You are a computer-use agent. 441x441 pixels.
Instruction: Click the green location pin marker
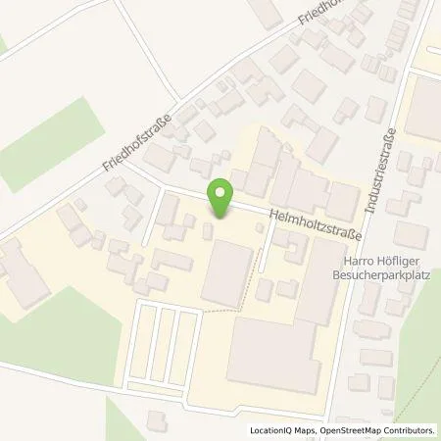pyautogui.click(x=222, y=198)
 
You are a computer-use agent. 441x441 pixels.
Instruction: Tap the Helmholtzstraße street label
pyautogui.click(x=311, y=222)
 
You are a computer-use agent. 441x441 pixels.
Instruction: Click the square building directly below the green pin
pyautogui.click(x=226, y=273)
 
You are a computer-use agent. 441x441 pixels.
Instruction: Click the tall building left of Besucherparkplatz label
pyautogui.click(x=316, y=284)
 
